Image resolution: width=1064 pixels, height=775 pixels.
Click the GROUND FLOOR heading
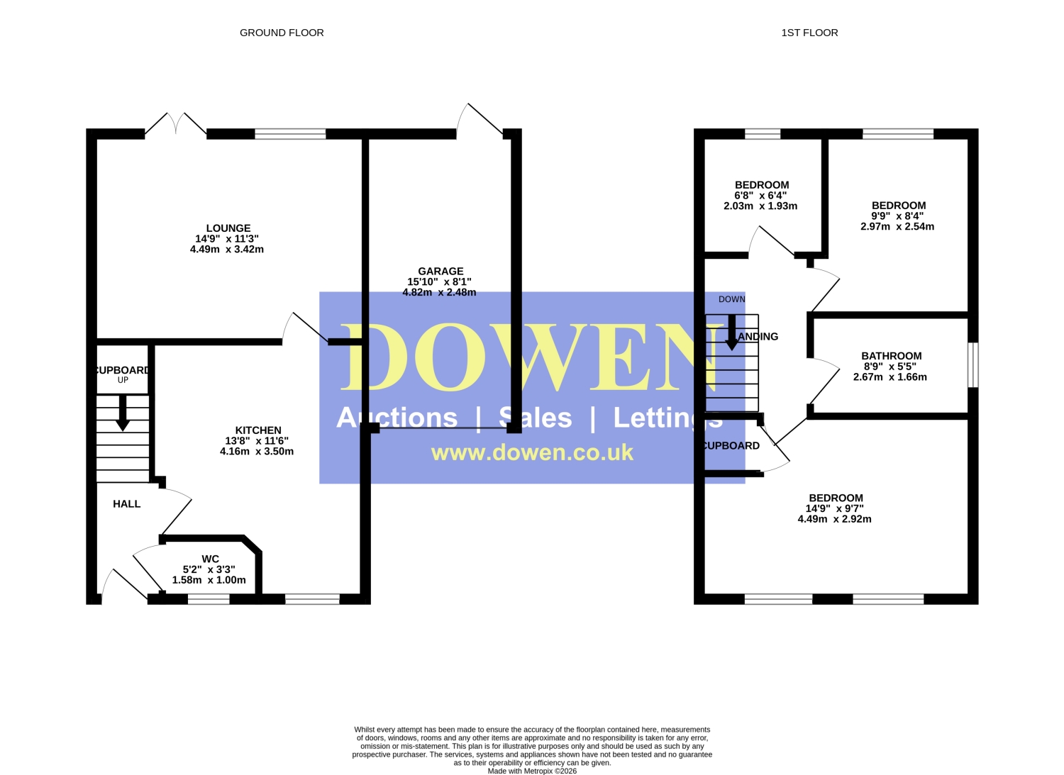tap(282, 33)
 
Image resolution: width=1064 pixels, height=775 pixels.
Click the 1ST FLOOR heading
tap(809, 33)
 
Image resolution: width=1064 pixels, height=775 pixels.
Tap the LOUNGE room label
tap(228, 228)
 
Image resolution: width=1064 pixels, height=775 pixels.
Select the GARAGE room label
tap(440, 271)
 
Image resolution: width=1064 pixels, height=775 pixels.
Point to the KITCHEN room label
tap(258, 430)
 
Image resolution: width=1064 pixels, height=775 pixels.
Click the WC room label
tap(210, 559)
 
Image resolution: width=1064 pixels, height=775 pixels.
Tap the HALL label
tap(127, 504)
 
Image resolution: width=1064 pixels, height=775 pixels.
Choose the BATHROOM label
tap(892, 356)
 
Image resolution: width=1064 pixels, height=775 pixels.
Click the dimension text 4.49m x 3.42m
tap(227, 250)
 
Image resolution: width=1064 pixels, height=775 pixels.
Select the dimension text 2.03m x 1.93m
tap(760, 206)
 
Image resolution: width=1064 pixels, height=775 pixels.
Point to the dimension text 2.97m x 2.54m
tap(897, 226)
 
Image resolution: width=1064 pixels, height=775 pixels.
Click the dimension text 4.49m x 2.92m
tap(835, 519)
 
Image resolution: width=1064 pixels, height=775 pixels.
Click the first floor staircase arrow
tap(732, 333)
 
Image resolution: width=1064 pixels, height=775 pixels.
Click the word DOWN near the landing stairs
tap(732, 299)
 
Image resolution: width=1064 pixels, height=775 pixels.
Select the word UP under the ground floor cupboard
tap(123, 380)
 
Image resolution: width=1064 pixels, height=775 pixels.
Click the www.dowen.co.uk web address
tap(532, 452)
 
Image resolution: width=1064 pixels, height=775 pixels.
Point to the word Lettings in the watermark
tap(668, 418)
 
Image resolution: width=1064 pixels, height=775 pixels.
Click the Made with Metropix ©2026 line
tap(532, 771)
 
